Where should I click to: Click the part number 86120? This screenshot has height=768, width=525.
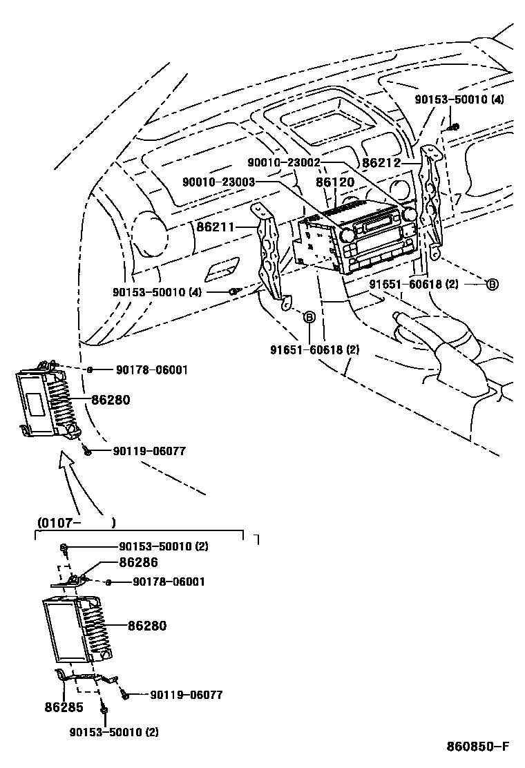335,182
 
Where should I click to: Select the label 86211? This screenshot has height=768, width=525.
216,226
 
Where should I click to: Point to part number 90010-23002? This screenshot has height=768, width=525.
284,162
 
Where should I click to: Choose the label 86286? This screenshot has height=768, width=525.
139,563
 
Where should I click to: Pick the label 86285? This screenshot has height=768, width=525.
64,708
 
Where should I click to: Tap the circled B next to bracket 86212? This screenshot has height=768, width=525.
492,284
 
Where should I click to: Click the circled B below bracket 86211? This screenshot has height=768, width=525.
309,317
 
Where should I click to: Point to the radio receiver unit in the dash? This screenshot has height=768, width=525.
352,242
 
